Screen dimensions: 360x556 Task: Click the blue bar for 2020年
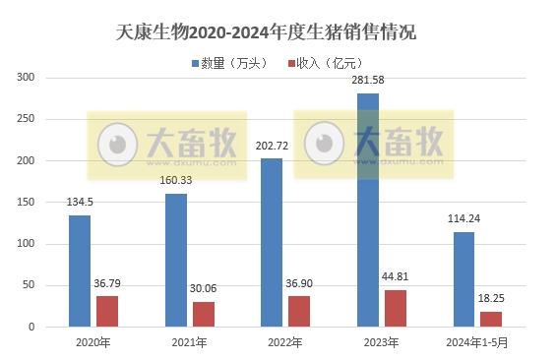tap(80, 270)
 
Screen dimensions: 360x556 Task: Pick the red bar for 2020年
tap(107, 311)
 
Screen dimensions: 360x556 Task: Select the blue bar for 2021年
tap(175, 260)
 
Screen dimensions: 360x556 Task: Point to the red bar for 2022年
tap(299, 311)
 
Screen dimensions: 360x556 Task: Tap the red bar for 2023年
tap(395, 308)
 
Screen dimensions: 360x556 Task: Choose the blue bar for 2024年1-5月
tap(463, 279)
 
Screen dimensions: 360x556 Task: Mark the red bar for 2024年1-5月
tap(491, 319)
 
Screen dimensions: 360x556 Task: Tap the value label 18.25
tap(491, 299)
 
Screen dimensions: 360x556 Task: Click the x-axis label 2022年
tap(285, 342)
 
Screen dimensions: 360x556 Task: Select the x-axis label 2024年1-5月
tap(477, 342)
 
